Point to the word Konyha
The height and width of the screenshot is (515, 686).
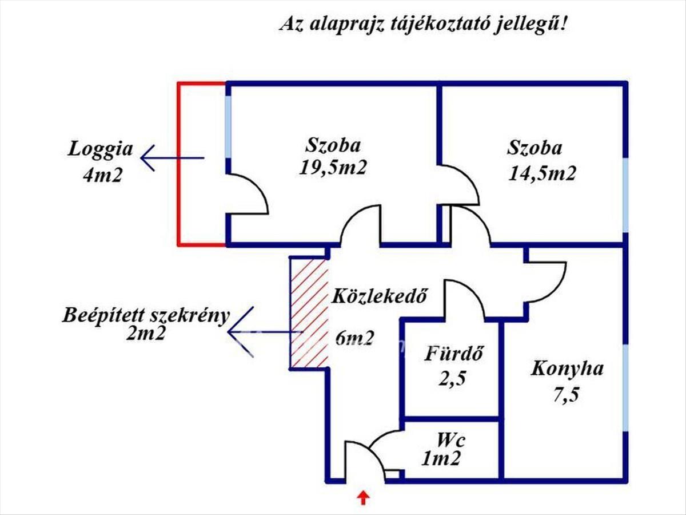[567, 369]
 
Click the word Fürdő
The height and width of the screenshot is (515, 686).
[454, 354]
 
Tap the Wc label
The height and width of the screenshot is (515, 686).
[451, 441]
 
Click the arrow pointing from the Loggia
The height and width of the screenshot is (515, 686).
[171, 158]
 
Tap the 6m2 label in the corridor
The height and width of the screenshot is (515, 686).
[354, 338]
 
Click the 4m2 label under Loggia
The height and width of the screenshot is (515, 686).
[102, 175]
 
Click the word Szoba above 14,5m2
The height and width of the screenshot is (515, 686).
[535, 148]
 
